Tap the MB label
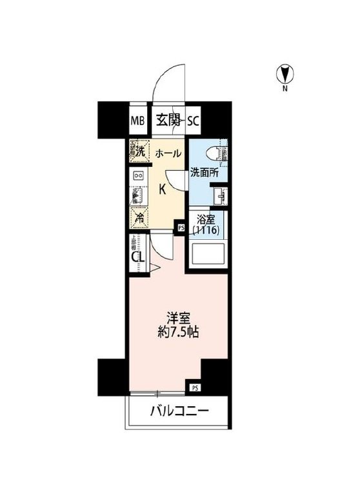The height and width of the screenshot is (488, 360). tap(137, 121)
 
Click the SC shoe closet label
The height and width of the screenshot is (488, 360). tap(194, 121)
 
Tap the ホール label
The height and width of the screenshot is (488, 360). tap(168, 153)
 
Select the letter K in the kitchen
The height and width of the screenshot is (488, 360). tap(163, 189)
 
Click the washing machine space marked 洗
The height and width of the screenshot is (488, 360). tap(137, 151)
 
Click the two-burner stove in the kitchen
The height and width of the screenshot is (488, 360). tap(138, 175)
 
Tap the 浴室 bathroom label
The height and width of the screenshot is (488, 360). tap(205, 219)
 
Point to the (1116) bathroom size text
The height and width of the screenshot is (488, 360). tap(207, 230)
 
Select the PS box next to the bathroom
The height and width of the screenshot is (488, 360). tap(181, 227)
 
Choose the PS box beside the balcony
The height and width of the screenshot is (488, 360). tap(194, 387)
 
